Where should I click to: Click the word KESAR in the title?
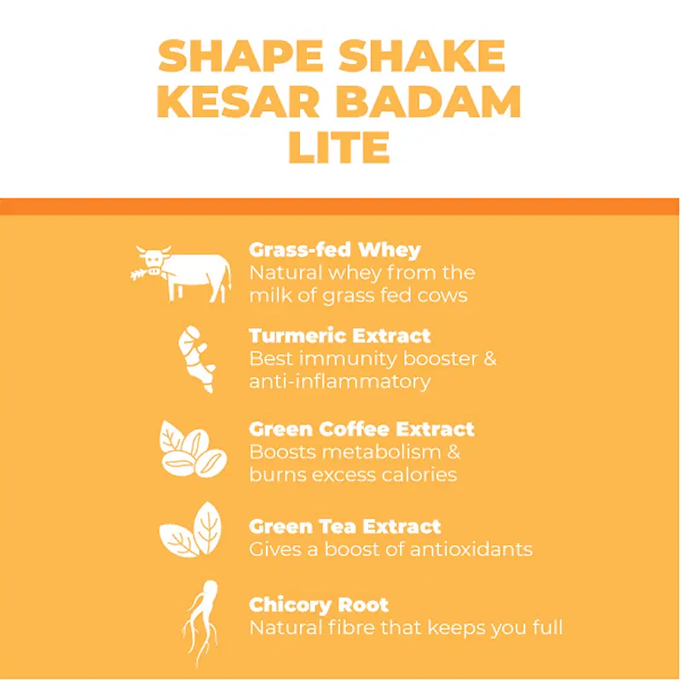[238, 101]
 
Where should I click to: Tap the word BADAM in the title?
[428, 101]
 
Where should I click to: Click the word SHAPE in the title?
[240, 55]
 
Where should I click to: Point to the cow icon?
[181, 274]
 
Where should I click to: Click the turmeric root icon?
[197, 359]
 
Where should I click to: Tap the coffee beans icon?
[193, 449]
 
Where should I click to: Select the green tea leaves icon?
[190, 529]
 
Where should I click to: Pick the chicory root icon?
[200, 624]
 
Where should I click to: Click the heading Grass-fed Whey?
[335, 250]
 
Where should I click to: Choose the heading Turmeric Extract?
[339, 336]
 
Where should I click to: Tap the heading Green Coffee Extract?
[361, 430]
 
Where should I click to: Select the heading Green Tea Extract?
[345, 527]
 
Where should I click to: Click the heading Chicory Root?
[319, 605]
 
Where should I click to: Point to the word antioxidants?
[471, 549]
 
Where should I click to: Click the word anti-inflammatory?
[340, 382]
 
